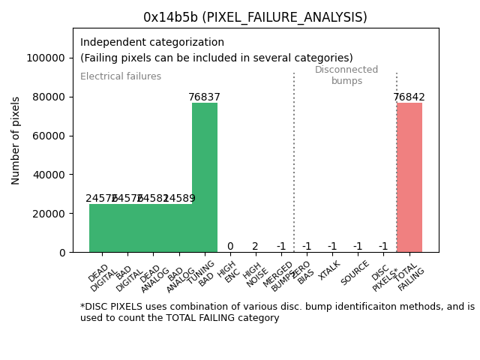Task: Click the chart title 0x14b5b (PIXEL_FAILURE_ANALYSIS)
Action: [255, 17]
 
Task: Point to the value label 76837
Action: [205, 97]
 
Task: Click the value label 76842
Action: [409, 97]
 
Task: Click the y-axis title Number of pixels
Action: [16, 140]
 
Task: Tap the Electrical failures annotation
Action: [121, 76]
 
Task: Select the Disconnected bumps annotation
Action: [346, 75]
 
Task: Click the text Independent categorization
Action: [152, 43]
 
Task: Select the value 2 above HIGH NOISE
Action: [255, 247]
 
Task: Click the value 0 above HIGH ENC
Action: [230, 247]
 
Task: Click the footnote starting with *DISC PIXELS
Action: [277, 312]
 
